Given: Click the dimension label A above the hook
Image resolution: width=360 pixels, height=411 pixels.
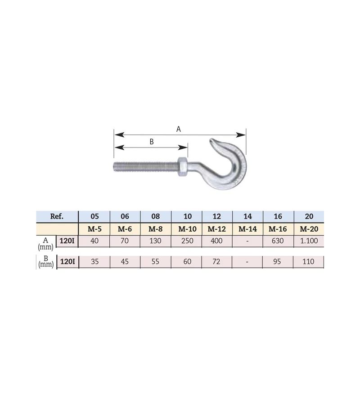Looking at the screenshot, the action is tap(179, 129).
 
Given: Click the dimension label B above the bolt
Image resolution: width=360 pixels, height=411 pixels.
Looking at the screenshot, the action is tap(151, 142).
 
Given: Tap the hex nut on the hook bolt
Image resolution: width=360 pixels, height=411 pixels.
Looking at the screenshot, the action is tap(182, 167).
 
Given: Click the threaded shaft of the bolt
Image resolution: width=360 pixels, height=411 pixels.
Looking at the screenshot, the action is tap(146, 167).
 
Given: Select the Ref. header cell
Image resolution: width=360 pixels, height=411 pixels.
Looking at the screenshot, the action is tap(57, 216).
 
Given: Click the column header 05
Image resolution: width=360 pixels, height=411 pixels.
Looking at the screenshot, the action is tap(94, 216).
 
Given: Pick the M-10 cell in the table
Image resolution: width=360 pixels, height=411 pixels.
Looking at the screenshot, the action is tap(187, 229).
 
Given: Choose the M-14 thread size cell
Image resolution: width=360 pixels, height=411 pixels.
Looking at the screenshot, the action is tap(247, 229).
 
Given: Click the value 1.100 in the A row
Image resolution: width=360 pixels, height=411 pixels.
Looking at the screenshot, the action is tap(309, 241).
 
